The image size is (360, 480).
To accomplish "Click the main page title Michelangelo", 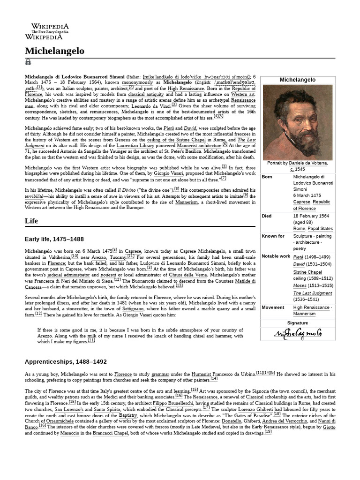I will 54,51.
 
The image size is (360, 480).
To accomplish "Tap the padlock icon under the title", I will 28,62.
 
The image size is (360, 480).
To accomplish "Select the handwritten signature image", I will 298,334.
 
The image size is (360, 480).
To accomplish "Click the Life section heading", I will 31,221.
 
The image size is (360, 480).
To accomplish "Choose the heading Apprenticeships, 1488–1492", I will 66,361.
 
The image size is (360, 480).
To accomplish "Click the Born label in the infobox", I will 267,177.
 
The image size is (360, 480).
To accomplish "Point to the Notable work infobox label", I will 276,256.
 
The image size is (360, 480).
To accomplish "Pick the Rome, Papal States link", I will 313,228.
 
